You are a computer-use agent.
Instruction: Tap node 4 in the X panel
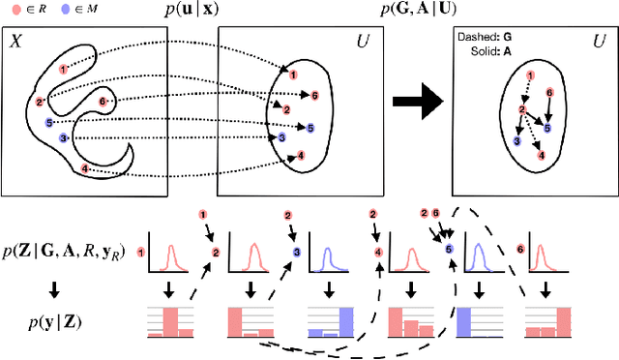85,168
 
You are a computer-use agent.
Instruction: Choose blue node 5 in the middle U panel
309,127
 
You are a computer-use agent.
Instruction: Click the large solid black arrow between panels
415,102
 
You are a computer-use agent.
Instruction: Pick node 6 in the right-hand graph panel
550,92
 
